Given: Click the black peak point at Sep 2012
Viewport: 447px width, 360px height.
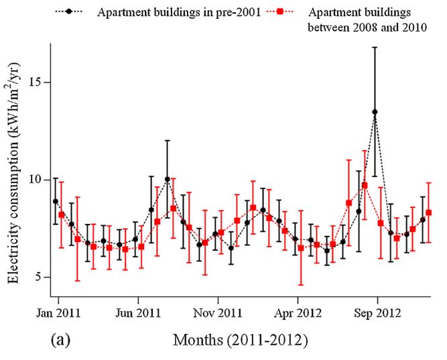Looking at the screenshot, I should point(375,112).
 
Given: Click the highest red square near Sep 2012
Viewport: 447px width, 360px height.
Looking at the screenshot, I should point(365,185).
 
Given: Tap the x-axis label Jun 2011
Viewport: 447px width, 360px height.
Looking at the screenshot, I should point(137,312).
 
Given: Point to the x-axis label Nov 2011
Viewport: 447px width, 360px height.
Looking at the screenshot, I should point(217,312).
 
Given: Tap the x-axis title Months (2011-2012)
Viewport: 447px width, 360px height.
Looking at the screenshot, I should point(241,341).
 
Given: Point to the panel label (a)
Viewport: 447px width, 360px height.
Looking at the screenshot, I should point(61,340).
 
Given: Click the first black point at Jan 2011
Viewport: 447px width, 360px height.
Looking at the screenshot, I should point(56,201).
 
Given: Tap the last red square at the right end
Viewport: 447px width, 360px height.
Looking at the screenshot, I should point(429,213).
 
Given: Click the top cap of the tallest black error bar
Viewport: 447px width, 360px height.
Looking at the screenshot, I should point(375,48).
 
